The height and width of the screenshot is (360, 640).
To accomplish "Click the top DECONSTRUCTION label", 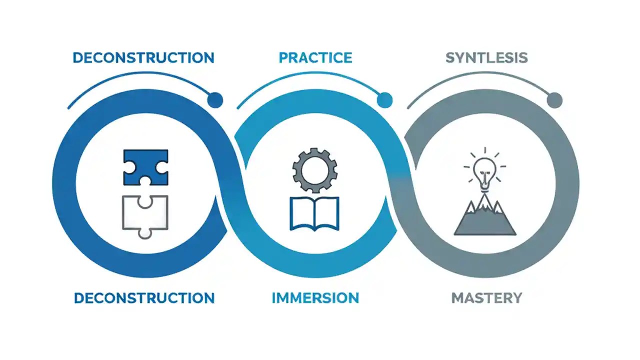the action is [x=143, y=57].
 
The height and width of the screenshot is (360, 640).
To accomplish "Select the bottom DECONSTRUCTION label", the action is [x=144, y=298].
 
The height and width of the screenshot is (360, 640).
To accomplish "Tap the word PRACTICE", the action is [x=315, y=57].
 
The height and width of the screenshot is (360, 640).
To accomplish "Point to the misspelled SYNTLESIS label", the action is [x=486, y=57].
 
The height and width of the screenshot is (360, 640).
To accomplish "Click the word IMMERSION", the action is [x=315, y=298].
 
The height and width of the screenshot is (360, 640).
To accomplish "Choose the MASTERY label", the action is [x=486, y=298].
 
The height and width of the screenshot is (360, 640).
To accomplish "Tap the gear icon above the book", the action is [x=314, y=170].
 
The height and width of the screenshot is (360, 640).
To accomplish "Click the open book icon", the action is [x=314, y=213].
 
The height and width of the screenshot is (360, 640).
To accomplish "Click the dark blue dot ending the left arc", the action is [x=215, y=100].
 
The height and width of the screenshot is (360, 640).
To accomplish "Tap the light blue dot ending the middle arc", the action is [x=384, y=100].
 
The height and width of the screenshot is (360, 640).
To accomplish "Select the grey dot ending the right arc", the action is [x=554, y=100].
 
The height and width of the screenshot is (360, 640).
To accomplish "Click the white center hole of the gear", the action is [x=314, y=170].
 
